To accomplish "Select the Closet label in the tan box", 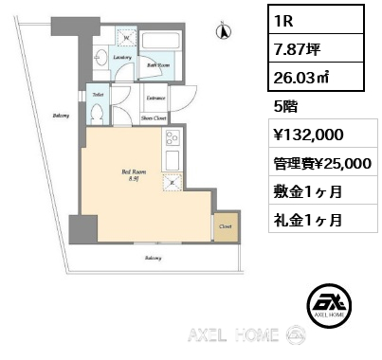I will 225,227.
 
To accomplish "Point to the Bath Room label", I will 157,65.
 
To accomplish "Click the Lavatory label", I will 122,57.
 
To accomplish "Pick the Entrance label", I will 156,98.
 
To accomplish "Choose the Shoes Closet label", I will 155,118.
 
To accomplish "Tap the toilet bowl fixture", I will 97,112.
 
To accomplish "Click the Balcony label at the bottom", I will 152,258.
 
